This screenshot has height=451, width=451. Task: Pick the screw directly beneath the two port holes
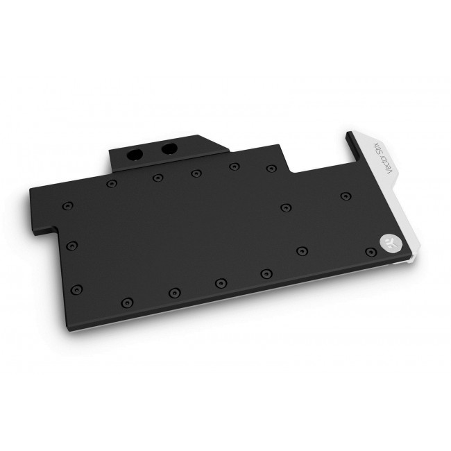point(158,177)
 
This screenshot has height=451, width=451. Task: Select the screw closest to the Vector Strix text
point(346,197)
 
